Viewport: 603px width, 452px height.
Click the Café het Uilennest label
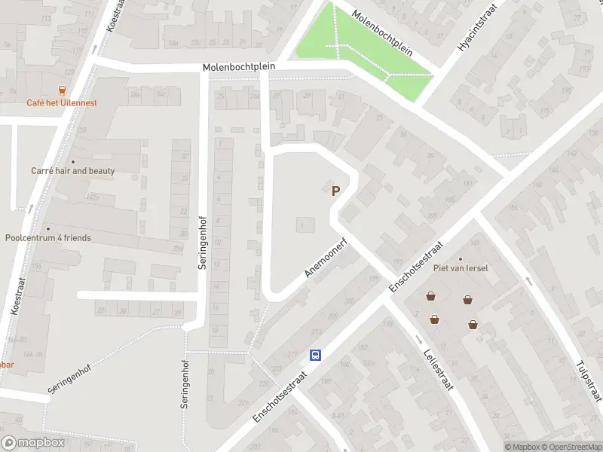tap(61, 103)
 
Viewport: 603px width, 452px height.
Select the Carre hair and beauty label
tap(73, 171)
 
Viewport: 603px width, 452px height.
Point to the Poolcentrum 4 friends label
tap(47, 238)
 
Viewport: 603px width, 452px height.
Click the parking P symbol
tap(335, 191)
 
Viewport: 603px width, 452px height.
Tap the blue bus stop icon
tap(317, 356)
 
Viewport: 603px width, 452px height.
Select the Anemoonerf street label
tap(329, 260)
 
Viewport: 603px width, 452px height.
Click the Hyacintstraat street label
tap(475, 30)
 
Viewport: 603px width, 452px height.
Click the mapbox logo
tap(33, 443)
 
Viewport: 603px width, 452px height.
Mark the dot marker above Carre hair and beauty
tap(73, 161)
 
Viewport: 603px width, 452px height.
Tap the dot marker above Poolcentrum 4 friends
tap(47, 228)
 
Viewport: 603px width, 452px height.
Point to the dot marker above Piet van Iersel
tap(461, 259)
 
